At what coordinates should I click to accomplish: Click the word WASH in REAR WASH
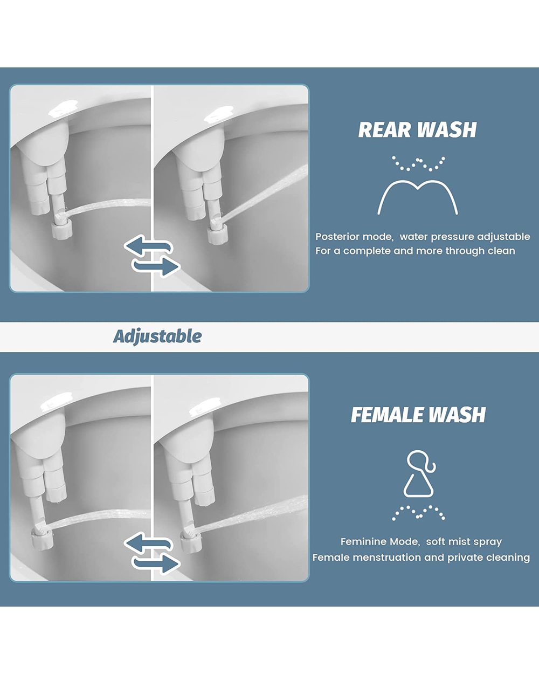point(447,129)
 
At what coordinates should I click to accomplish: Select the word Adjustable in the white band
point(157,336)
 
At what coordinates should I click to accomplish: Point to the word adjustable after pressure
point(503,237)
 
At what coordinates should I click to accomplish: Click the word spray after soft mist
point(488,542)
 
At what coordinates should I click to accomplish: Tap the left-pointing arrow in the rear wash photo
point(148,245)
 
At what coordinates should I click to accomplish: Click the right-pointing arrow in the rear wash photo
point(156,266)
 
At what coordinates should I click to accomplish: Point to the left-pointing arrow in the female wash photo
point(148,543)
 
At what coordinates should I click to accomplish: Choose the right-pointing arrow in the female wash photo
point(156,564)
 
